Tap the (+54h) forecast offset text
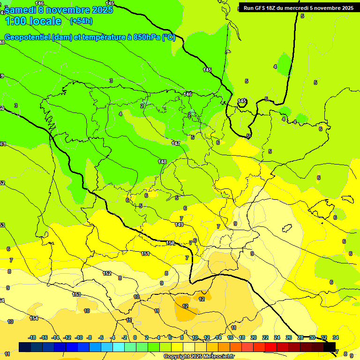(x=81, y=21)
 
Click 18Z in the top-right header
(x=272, y=8)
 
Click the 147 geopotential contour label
(x=176, y=143)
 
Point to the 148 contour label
(x=162, y=162)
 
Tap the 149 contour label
(x=179, y=225)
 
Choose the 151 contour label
(x=145, y=254)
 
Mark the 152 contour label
(x=107, y=273)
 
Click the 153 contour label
(x=76, y=294)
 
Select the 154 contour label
(x=34, y=318)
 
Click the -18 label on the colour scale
(x=32, y=337)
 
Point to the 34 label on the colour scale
(x=336, y=337)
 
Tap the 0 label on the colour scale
(x=135, y=337)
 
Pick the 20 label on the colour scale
(x=254, y=337)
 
